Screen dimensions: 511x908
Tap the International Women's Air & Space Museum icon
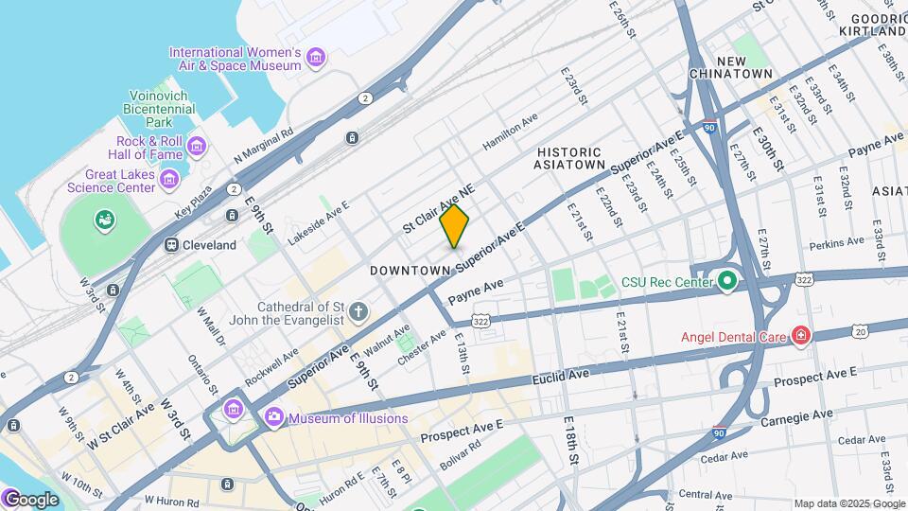(316, 60)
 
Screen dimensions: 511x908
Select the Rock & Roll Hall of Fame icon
(196, 145)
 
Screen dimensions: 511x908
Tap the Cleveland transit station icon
(172, 245)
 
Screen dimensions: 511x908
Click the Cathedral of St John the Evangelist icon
(358, 310)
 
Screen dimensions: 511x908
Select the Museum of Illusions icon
(274, 416)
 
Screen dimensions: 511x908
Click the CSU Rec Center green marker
(726, 281)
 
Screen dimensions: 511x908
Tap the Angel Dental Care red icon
(800, 336)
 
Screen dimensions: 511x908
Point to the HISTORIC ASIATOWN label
(569, 158)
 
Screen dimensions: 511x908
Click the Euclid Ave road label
(562, 376)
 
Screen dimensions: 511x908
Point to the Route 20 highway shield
(859, 330)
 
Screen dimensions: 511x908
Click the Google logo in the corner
(31, 499)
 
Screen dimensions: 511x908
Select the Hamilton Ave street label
(509, 131)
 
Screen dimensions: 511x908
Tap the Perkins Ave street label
(836, 243)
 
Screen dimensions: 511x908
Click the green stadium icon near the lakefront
(103, 220)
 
